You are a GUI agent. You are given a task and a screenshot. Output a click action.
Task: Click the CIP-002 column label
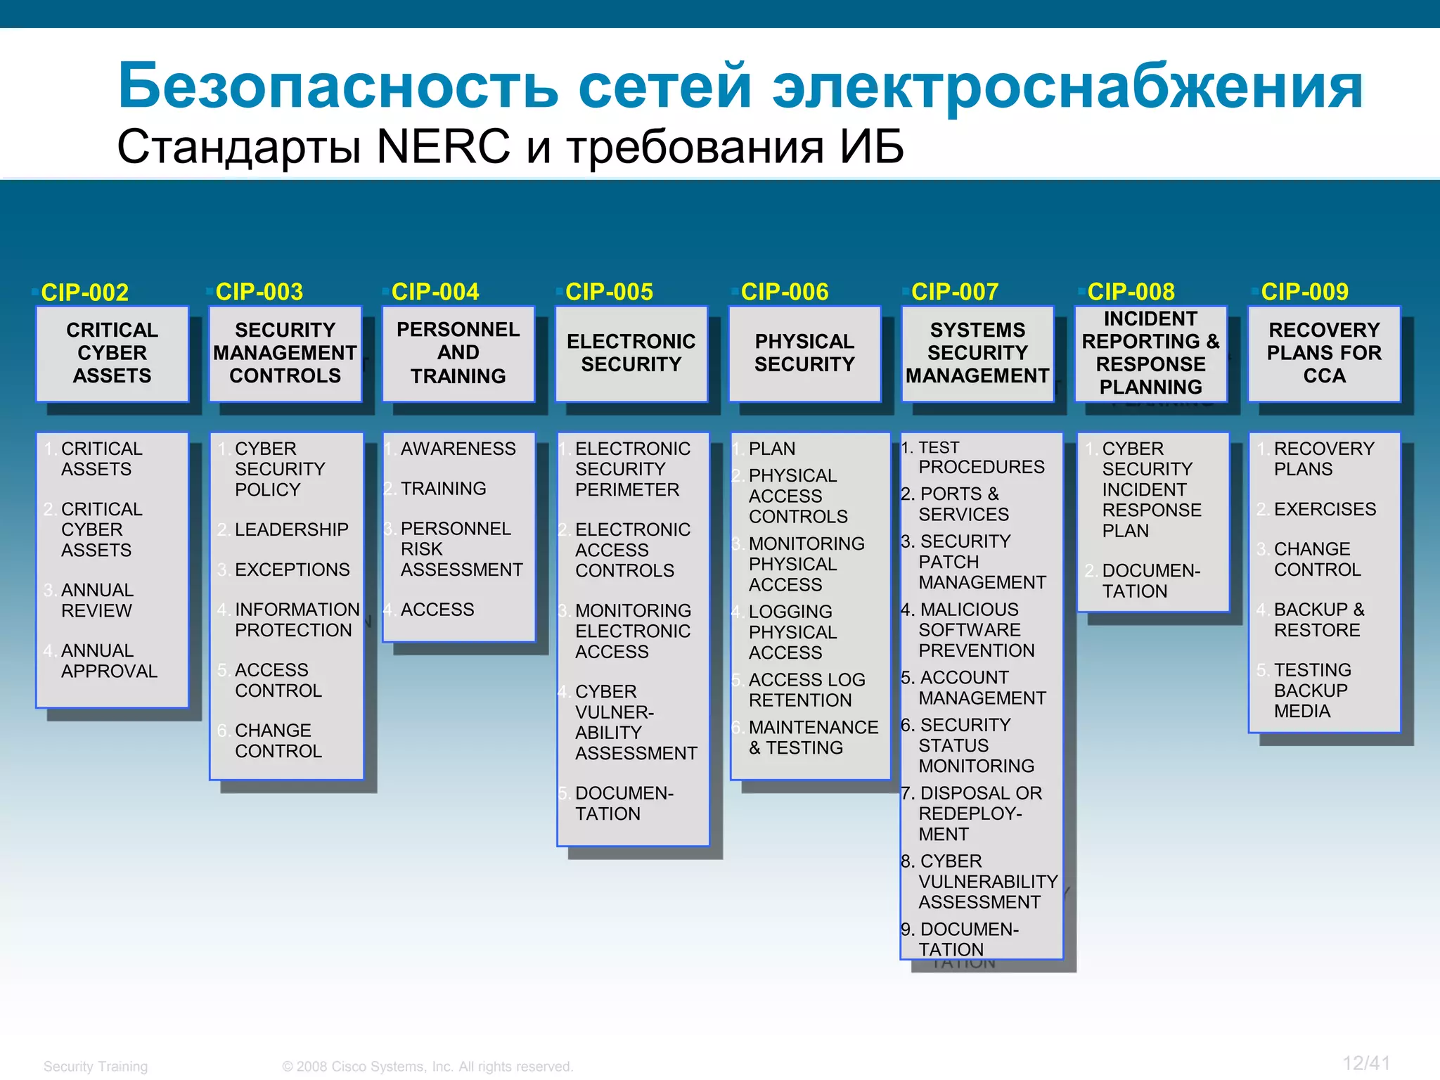click(84, 292)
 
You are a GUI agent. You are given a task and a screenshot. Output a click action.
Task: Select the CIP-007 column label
click(955, 292)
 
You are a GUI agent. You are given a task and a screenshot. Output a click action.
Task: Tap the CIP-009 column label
click(1304, 292)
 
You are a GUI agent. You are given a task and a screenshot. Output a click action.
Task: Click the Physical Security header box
click(804, 353)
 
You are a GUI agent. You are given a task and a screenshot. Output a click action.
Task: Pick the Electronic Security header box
click(631, 353)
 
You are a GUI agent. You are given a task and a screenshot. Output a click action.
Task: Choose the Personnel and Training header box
click(458, 353)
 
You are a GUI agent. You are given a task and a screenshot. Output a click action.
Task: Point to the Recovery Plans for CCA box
click(1324, 353)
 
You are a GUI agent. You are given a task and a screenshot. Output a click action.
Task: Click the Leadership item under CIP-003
click(291, 529)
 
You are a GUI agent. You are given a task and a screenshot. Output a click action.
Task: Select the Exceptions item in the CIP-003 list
click(292, 570)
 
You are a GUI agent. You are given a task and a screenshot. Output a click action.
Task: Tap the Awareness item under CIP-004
click(458, 449)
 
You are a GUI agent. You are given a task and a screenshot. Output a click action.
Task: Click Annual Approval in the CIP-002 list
click(108, 661)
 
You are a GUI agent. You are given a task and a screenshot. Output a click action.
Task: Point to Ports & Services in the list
click(963, 504)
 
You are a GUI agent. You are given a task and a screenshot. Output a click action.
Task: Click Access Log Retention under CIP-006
click(806, 690)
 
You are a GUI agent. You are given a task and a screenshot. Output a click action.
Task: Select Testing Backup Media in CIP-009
click(1311, 690)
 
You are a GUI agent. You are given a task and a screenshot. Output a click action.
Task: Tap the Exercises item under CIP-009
click(1325, 509)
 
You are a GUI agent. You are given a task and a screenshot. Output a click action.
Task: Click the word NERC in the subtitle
click(443, 147)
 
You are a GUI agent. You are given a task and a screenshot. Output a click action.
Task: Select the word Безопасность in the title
click(337, 86)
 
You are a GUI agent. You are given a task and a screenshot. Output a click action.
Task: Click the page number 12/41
click(1365, 1063)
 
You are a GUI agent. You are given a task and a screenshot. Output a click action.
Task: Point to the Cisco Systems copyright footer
click(427, 1067)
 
